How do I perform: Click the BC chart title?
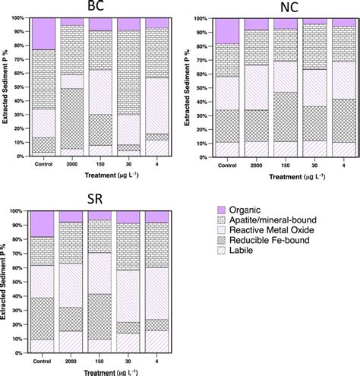click(x=96, y=7)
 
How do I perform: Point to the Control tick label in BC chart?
click(x=44, y=163)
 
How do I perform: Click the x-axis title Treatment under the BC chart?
click(x=96, y=175)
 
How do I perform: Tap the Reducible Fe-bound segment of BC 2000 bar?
click(x=71, y=118)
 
